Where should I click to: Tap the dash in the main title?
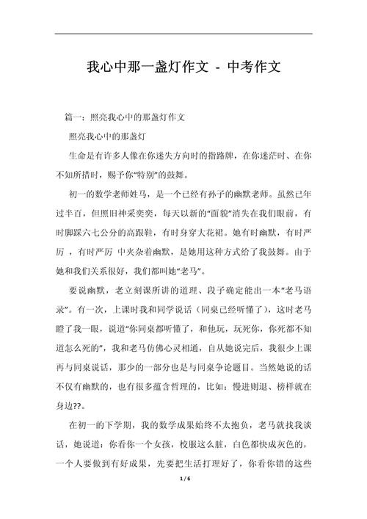208,69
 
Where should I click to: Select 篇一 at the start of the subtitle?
75,117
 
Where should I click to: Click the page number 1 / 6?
183,500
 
